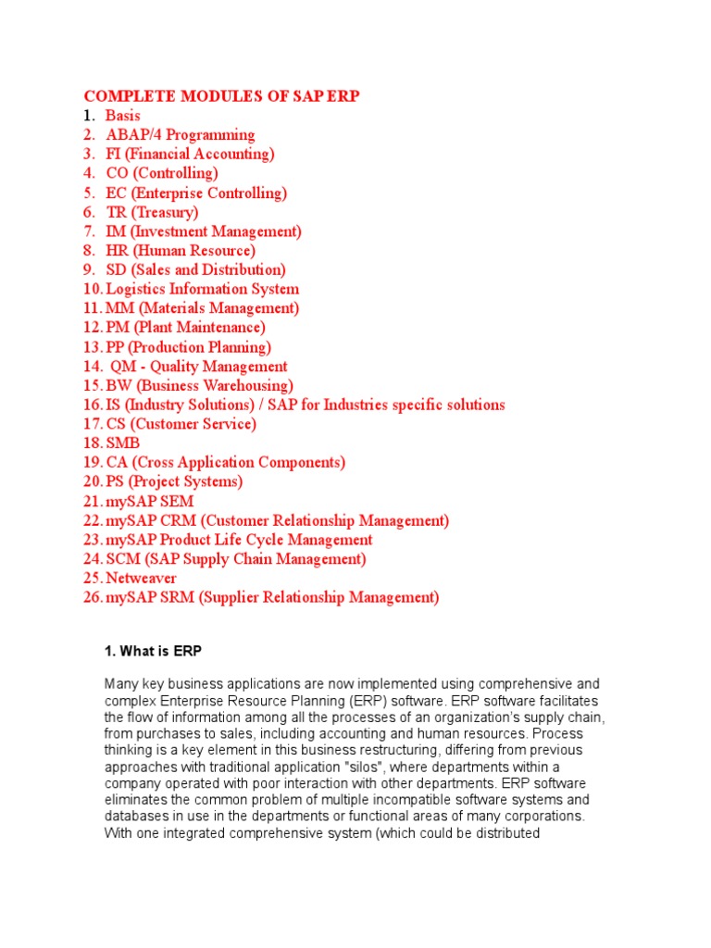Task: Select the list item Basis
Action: coord(123,116)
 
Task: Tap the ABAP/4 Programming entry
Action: coord(181,135)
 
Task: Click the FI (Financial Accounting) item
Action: coord(190,155)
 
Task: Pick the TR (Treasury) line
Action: coord(152,212)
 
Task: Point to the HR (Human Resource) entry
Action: coord(181,251)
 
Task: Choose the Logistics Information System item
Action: coord(203,289)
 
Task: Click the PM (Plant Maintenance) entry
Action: coord(185,328)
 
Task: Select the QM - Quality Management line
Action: coord(198,367)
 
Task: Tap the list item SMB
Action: coord(123,443)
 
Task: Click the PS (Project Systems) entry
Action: coord(174,482)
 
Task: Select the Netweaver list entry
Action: coord(141,579)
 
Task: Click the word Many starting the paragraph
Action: coord(121,684)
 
